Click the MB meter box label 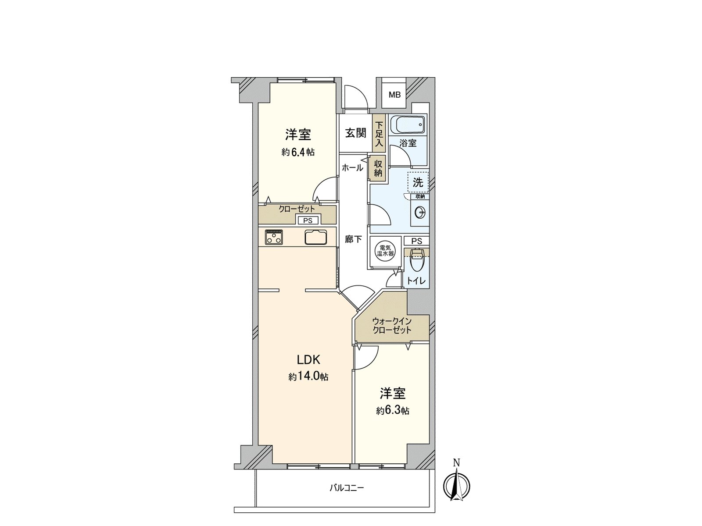394,95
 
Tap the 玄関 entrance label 355,133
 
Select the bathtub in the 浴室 408,126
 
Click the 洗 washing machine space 418,182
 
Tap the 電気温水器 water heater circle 385,251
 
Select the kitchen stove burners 274,237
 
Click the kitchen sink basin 316,237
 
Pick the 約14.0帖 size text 308,377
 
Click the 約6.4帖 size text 298,152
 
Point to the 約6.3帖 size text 393,411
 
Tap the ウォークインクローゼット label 392,326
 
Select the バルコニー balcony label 347,487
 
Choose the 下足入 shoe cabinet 379,133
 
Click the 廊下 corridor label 353,239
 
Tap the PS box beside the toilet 417,241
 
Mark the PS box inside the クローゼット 308,220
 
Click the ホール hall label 352,167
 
